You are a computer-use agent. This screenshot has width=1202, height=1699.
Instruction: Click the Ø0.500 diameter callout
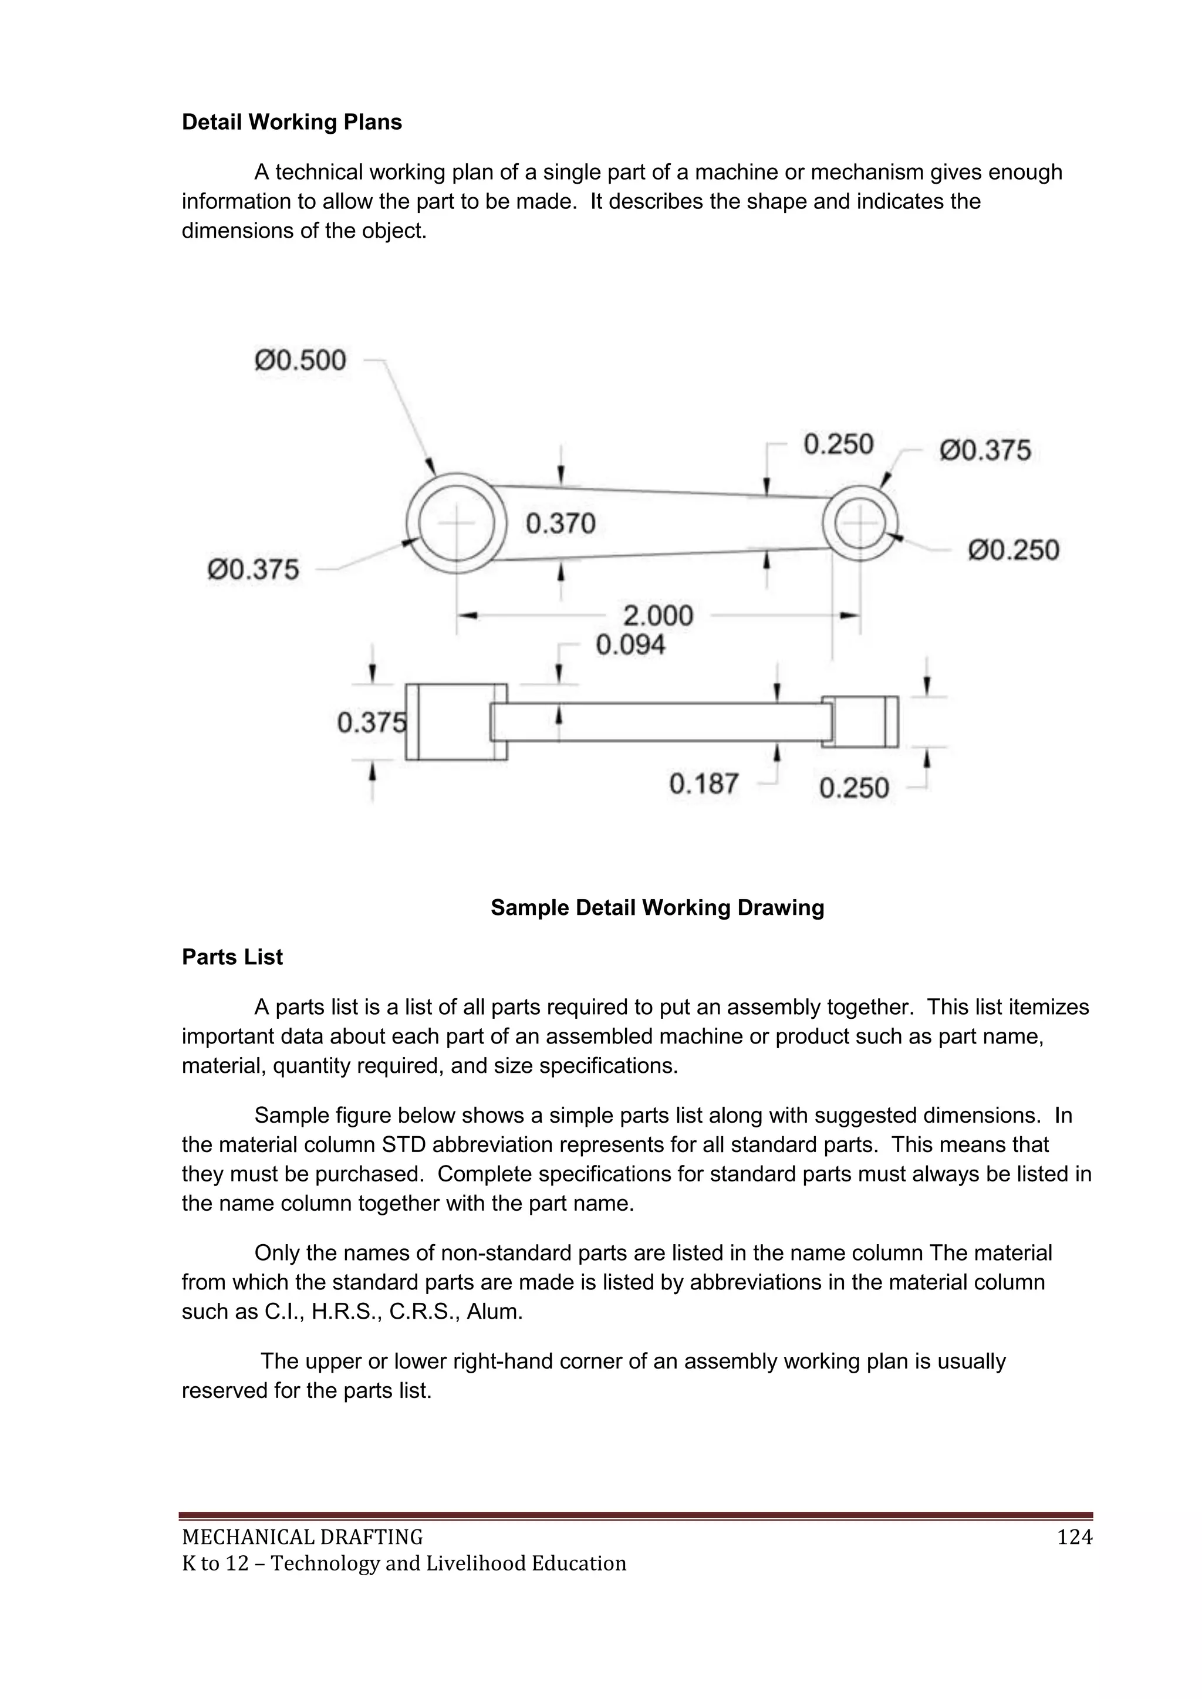point(300,360)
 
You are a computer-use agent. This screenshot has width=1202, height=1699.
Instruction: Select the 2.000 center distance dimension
point(657,616)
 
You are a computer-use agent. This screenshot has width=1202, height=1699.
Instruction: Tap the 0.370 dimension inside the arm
point(561,524)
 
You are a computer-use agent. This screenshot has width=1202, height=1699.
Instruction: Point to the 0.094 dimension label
point(630,645)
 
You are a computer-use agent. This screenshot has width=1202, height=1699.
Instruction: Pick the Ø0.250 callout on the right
point(1013,550)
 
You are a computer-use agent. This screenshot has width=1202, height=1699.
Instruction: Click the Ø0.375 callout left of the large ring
point(253,570)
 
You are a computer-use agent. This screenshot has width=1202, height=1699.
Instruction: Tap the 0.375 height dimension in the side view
point(372,722)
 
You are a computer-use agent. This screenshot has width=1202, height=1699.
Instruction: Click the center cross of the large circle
point(457,523)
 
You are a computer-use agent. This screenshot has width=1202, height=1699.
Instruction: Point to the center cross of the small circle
point(860,523)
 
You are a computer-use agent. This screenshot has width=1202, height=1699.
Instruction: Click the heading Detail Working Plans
point(292,122)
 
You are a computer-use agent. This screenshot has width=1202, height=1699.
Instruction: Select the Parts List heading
point(232,957)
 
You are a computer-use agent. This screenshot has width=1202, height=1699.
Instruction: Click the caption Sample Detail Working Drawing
point(657,908)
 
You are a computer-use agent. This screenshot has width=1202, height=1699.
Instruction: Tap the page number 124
point(1075,1538)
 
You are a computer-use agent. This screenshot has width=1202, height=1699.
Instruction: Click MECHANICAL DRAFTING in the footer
point(303,1538)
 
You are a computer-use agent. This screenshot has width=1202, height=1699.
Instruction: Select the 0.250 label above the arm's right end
point(838,445)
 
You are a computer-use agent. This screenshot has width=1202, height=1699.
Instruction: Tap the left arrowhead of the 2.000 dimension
point(466,616)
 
